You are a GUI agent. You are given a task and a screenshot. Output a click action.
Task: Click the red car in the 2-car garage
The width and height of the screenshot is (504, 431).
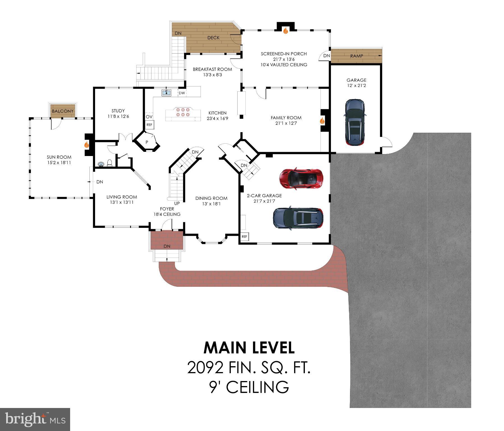pos(301,178)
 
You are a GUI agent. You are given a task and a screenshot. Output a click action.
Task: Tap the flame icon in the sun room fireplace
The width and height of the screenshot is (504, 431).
pos(87,145)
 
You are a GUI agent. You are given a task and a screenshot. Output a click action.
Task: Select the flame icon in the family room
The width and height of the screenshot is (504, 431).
pos(322,121)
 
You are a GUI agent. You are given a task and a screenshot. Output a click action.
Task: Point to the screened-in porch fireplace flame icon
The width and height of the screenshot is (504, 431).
pos(286,31)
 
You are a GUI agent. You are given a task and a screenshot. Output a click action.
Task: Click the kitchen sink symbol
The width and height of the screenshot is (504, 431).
pos(167,93)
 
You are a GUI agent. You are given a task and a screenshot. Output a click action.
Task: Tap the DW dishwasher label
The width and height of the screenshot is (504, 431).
pos(182,93)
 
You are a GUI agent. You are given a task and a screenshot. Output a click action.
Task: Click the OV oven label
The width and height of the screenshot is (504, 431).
pos(149,117)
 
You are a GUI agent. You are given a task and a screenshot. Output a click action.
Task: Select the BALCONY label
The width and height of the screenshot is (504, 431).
pos(63,111)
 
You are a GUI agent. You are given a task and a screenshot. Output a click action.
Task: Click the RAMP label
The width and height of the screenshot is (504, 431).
pos(356,56)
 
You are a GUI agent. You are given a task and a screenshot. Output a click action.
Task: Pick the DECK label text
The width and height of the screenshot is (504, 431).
pos(213,38)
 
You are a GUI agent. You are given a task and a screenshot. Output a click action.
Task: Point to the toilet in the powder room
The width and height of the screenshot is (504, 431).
pos(110,163)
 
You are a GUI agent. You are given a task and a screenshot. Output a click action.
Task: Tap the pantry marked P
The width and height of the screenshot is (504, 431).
pos(147,142)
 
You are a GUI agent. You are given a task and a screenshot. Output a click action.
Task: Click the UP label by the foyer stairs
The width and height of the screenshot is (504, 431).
pos(177,203)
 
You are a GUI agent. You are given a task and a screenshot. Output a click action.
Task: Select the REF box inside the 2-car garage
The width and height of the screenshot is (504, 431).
pos(244,237)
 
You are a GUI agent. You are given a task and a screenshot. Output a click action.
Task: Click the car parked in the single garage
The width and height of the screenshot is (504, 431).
pos(355,122)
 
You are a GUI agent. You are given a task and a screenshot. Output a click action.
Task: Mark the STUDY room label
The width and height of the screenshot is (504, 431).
pos(118,111)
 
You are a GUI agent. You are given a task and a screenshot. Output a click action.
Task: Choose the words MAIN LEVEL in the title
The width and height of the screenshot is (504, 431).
pos(249,348)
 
